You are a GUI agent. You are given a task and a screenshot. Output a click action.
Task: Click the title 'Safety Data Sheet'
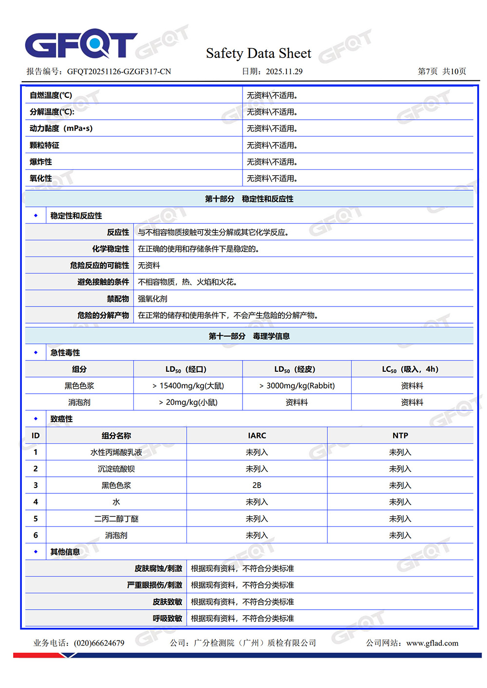pyautogui.click(x=258, y=53)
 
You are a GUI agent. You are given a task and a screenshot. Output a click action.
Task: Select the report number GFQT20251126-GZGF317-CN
pyautogui.click(x=119, y=72)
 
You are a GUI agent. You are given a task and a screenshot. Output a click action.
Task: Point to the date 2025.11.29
pyautogui.click(x=284, y=72)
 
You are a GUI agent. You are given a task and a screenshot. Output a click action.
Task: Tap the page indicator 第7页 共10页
pyautogui.click(x=442, y=72)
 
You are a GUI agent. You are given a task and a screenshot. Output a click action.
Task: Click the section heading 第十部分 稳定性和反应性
pyautogui.click(x=249, y=199)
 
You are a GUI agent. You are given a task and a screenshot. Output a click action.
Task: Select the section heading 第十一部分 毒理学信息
pyautogui.click(x=249, y=336)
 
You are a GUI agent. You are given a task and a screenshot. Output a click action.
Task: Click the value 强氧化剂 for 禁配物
pyautogui.click(x=152, y=299)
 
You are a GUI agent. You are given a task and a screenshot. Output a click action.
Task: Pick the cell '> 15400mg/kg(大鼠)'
pyautogui.click(x=188, y=386)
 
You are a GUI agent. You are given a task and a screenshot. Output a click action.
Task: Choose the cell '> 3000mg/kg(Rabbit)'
pyautogui.click(x=297, y=386)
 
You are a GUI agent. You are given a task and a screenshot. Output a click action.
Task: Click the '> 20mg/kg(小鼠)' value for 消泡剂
pyautogui.click(x=188, y=402)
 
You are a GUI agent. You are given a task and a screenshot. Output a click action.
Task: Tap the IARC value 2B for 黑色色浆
pyautogui.click(x=257, y=486)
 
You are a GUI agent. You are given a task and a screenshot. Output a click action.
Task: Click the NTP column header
pyautogui.click(x=400, y=435)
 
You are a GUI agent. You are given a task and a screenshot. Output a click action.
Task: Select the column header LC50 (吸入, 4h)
pyautogui.click(x=412, y=369)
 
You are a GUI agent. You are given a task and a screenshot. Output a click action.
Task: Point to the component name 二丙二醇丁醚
pyautogui.click(x=116, y=519)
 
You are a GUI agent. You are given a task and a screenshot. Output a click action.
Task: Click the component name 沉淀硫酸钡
pyautogui.click(x=116, y=469)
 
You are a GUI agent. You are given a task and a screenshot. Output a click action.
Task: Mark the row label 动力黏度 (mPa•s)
pyautogui.click(x=61, y=128)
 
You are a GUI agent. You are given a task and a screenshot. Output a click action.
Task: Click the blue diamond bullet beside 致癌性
pyautogui.click(x=36, y=419)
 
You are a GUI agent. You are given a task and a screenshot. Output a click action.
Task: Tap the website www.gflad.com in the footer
pyautogui.click(x=432, y=643)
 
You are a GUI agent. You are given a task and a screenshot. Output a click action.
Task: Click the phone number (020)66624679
pyautogui.click(x=99, y=643)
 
